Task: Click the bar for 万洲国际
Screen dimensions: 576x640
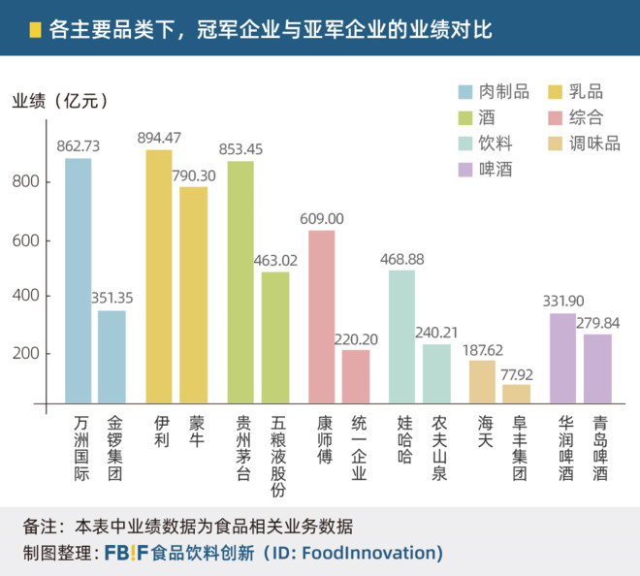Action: click(79, 279)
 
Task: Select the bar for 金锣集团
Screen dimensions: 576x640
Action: click(112, 355)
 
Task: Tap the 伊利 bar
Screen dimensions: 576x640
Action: click(159, 275)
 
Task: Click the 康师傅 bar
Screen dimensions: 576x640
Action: click(322, 315)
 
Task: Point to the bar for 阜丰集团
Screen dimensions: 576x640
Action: click(517, 392)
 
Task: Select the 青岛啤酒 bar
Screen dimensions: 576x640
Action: click(597, 367)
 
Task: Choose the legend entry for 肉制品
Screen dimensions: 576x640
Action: click(495, 92)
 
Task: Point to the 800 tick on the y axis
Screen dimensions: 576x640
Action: click(26, 182)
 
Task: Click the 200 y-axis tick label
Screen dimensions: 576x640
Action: click(26, 353)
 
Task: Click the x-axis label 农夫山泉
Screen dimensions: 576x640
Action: click(438, 448)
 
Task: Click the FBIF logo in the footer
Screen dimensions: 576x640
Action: click(125, 553)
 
